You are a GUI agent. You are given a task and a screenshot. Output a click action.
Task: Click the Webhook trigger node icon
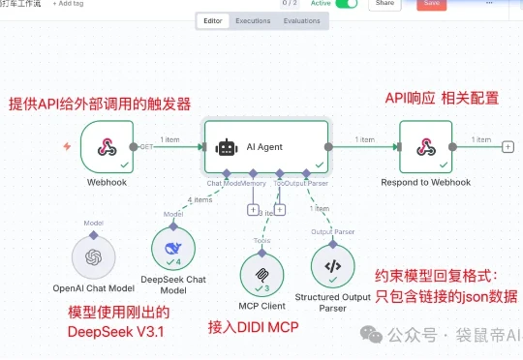108,146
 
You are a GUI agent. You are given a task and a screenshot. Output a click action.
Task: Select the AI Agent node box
266,147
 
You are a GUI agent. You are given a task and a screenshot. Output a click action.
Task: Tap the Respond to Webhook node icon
425,146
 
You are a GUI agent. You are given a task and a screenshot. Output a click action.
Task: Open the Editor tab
213,19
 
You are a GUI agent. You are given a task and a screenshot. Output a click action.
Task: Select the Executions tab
253,19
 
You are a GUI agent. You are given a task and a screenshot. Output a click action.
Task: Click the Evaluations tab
301,19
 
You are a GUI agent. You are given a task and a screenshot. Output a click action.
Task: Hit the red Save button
431,4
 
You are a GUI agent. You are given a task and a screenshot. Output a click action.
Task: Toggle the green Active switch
346,4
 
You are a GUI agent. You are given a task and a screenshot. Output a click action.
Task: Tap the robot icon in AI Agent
227,147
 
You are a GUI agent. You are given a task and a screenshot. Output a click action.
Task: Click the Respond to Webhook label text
425,182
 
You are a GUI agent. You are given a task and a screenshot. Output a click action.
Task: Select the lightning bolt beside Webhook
66,147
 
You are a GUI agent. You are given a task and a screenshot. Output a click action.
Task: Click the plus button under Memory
253,209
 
